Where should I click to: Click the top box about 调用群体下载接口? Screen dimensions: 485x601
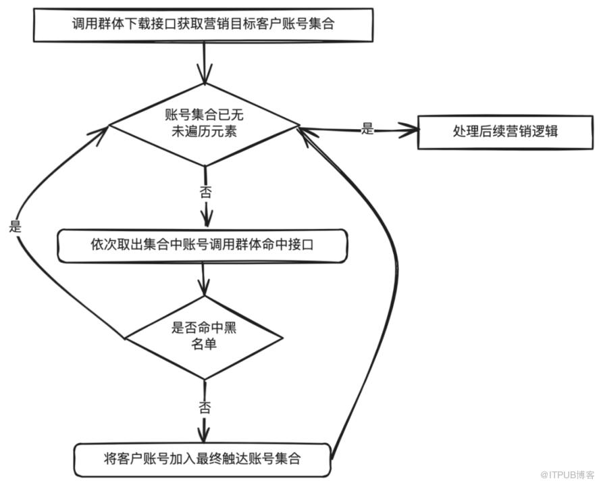203,24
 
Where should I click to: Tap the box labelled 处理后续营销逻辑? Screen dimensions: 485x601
505,132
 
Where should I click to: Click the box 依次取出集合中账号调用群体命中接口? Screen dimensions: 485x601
203,246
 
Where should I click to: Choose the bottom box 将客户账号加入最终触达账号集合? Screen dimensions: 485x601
203,459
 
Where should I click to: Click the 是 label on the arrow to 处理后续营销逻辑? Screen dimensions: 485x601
367,129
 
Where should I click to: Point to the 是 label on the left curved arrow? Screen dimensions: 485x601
15,227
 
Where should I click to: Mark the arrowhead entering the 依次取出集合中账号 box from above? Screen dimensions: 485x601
206,220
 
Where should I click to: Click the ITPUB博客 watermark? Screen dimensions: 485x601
567,475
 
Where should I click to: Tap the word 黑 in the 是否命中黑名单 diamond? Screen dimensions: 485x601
229,328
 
